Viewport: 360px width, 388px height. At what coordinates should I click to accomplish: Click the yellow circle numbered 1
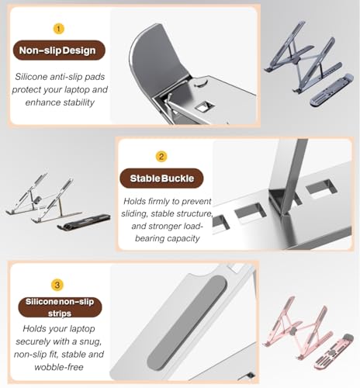[x=59, y=29]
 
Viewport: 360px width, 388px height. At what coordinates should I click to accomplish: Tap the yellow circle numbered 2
[x=161, y=157]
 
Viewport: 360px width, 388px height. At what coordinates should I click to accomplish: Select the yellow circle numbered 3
[x=57, y=285]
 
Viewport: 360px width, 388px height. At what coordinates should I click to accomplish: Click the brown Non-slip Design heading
[x=59, y=50]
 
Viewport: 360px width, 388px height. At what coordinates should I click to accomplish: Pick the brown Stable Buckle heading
[x=161, y=178]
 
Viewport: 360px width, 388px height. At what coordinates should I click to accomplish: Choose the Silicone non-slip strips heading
[x=60, y=307]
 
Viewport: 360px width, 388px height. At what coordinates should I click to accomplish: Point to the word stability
[x=79, y=102]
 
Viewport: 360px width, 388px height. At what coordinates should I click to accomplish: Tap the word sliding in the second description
[x=134, y=214]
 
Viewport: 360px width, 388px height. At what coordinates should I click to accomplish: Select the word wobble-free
[x=59, y=367]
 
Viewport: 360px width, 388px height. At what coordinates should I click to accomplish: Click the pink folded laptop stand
[x=333, y=352]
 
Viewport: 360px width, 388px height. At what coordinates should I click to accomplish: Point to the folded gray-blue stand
[x=331, y=90]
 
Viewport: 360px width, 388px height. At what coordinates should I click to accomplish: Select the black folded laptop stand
[x=84, y=221]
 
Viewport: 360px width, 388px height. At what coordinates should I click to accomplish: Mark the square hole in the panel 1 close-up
[x=204, y=106]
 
